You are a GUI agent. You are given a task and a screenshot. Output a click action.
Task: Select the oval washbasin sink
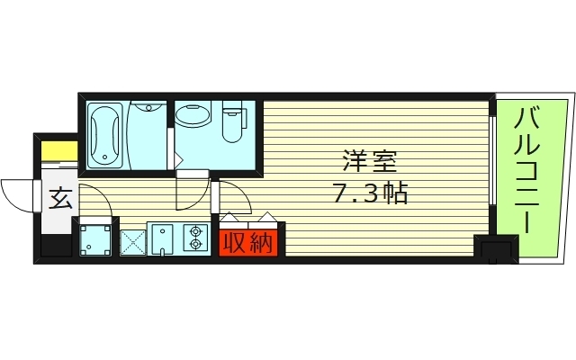(x=193, y=115)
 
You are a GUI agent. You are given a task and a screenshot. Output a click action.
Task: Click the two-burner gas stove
(x=194, y=238)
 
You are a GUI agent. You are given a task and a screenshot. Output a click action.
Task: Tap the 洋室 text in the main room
(x=369, y=163)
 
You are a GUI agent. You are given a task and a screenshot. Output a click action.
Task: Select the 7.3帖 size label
(x=369, y=193)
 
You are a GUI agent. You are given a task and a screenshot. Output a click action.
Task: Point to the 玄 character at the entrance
(x=58, y=198)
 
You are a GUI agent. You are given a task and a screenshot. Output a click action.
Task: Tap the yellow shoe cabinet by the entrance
(x=58, y=150)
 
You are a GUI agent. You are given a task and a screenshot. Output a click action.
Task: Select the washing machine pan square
(x=96, y=239)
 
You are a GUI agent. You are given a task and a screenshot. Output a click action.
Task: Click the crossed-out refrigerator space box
(x=133, y=239)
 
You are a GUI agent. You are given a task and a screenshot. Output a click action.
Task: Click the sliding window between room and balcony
(x=493, y=162)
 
